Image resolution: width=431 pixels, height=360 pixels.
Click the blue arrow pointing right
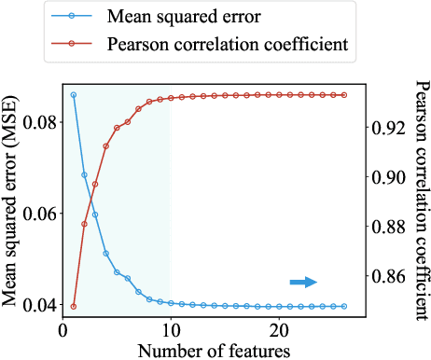tap(304, 282)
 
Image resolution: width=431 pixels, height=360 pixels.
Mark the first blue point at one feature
tap(74, 95)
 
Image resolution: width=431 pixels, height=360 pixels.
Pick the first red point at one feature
tap(74, 306)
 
